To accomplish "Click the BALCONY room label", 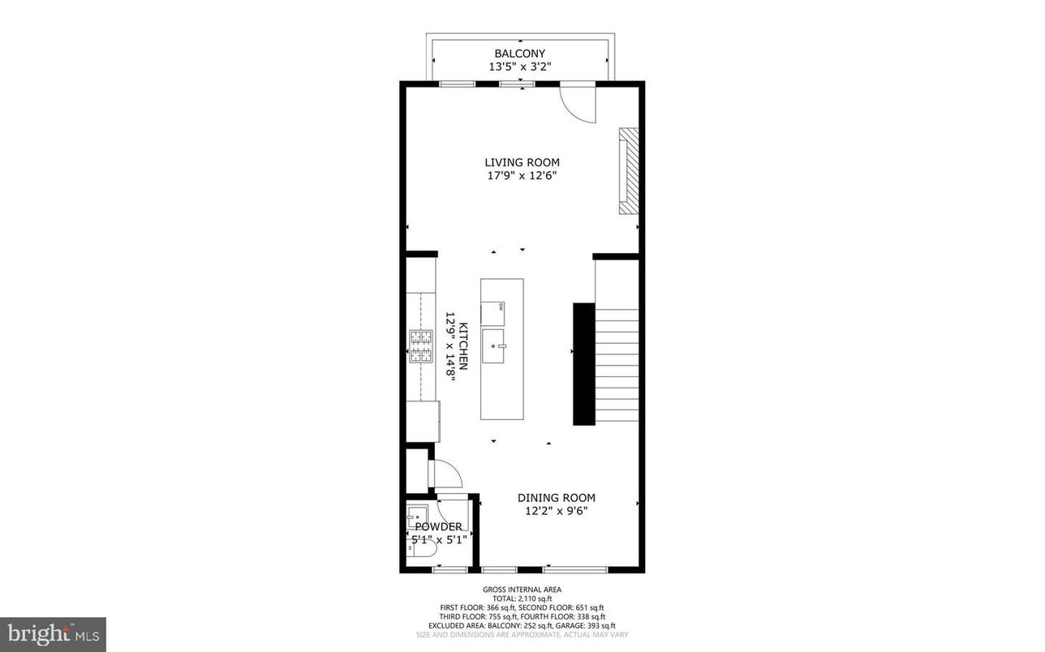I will click(520, 54).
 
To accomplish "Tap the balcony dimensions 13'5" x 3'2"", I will click(520, 67).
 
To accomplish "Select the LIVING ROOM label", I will click(522, 162).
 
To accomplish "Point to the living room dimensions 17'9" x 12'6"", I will click(522, 175).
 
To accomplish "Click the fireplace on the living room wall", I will click(629, 170).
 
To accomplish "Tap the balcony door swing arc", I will click(578, 103).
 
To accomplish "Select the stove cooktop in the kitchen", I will click(420, 346).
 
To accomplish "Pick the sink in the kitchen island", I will click(494, 347).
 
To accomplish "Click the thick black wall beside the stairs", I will click(583, 363).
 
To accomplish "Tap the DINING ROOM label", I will click(557, 498).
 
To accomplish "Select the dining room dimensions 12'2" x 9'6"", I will click(557, 511).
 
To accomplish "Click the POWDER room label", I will click(438, 527).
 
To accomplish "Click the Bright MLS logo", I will click(53, 634).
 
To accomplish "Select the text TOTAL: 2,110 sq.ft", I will click(522, 598).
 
